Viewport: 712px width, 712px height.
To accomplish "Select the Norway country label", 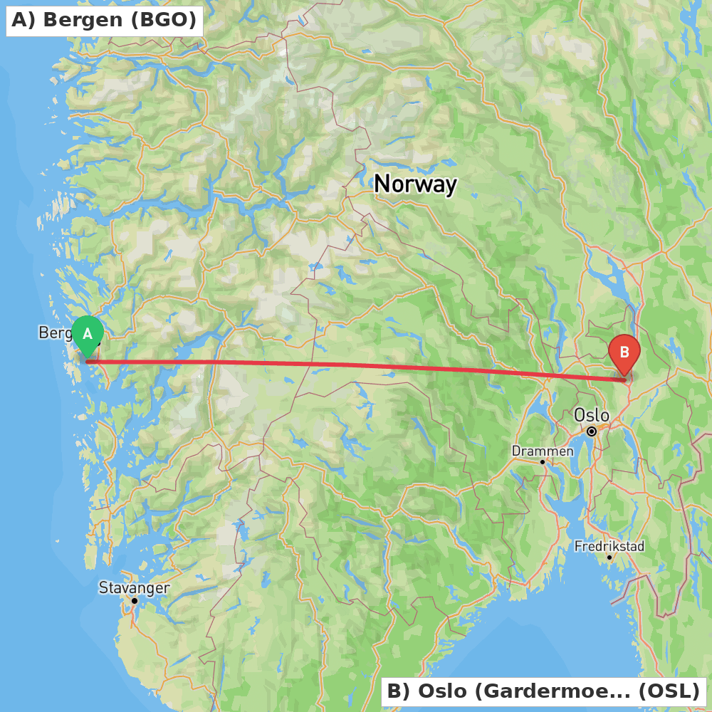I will point(415,184).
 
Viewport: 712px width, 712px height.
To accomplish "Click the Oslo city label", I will point(591,415).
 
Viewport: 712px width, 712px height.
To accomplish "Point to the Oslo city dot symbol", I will point(592,431).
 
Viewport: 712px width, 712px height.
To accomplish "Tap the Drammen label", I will point(543,451).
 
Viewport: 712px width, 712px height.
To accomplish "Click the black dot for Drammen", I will point(542,461).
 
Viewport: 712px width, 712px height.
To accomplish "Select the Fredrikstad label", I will point(609,546).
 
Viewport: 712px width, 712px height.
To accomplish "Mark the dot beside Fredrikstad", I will point(609,557).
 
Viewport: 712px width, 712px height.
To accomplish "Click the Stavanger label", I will point(134,587).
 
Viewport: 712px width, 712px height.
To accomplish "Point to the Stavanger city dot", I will point(134,601).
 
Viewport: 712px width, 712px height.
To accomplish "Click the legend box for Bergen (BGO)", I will point(104,20).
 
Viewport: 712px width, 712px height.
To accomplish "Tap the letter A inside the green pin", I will point(88,333).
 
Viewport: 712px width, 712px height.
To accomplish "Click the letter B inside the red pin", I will point(624,352).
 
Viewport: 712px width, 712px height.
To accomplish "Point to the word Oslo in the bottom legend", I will point(439,691).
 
